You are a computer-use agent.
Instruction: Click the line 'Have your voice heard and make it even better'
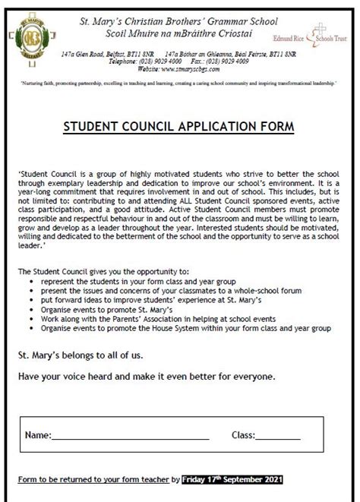pyautogui.click(x=147, y=375)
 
